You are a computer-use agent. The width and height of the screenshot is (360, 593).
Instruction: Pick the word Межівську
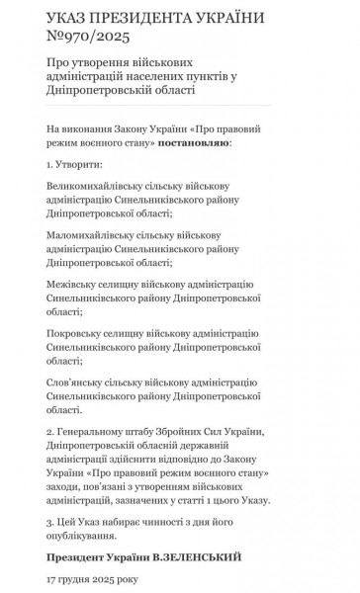pos(70,284)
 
